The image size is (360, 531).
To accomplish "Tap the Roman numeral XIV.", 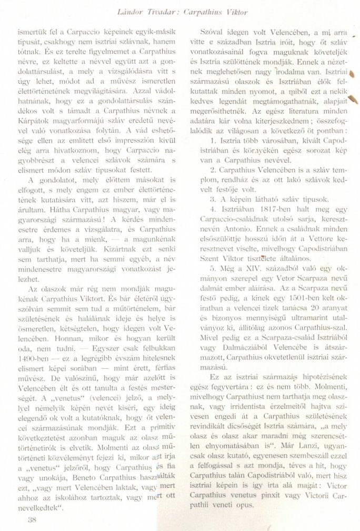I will (x=246, y=270).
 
